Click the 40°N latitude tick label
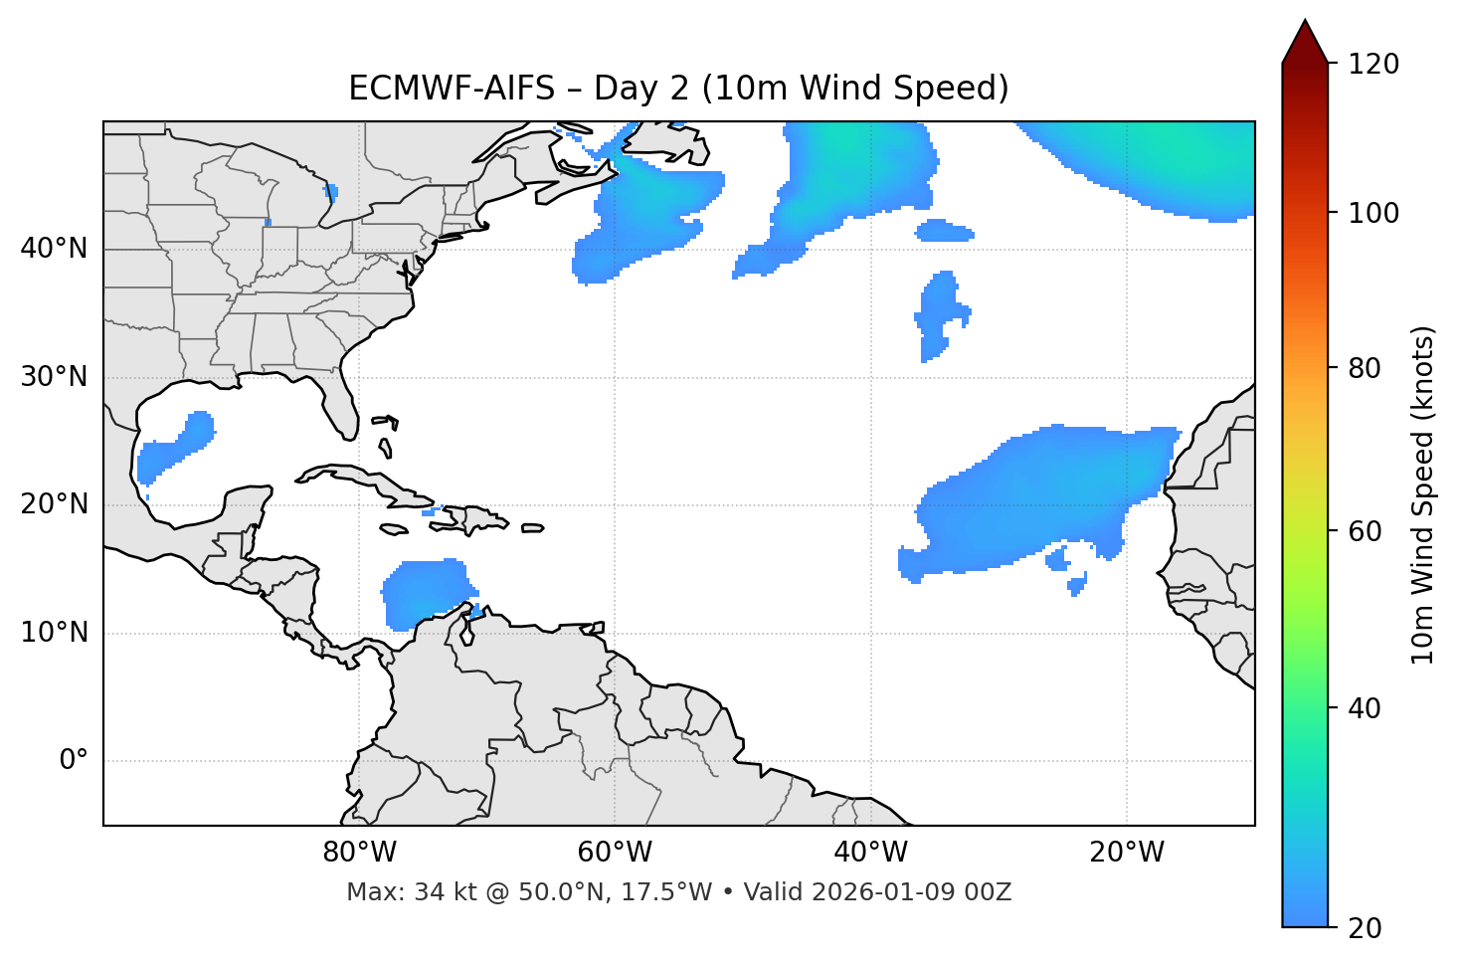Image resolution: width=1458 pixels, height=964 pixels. click(54, 249)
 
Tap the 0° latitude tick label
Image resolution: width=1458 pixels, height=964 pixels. click(74, 761)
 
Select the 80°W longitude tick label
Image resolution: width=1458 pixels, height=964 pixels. click(359, 853)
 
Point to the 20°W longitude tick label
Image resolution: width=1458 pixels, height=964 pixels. click(1127, 853)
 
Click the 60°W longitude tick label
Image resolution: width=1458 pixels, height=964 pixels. click(615, 853)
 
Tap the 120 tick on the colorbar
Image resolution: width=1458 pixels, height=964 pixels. click(1372, 65)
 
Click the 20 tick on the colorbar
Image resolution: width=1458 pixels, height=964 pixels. click(1365, 928)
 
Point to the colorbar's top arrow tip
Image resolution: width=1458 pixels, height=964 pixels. click(1304, 20)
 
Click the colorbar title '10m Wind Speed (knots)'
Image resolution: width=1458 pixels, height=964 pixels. click(1423, 494)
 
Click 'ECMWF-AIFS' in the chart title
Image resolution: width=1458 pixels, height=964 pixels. click(452, 89)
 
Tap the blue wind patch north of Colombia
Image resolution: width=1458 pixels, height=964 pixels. click(426, 592)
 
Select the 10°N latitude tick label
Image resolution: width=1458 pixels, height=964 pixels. click(54, 633)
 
